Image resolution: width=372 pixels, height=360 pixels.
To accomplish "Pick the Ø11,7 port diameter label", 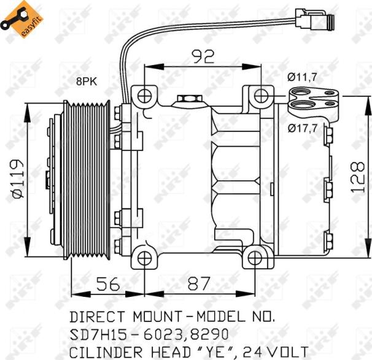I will [303, 77].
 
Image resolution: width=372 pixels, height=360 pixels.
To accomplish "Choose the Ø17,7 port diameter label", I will [303, 128].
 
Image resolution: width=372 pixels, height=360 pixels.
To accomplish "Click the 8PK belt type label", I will [87, 80].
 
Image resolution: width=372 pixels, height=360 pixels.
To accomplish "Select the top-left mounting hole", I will [144, 96].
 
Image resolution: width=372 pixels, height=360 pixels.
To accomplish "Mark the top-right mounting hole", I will [262, 95].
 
